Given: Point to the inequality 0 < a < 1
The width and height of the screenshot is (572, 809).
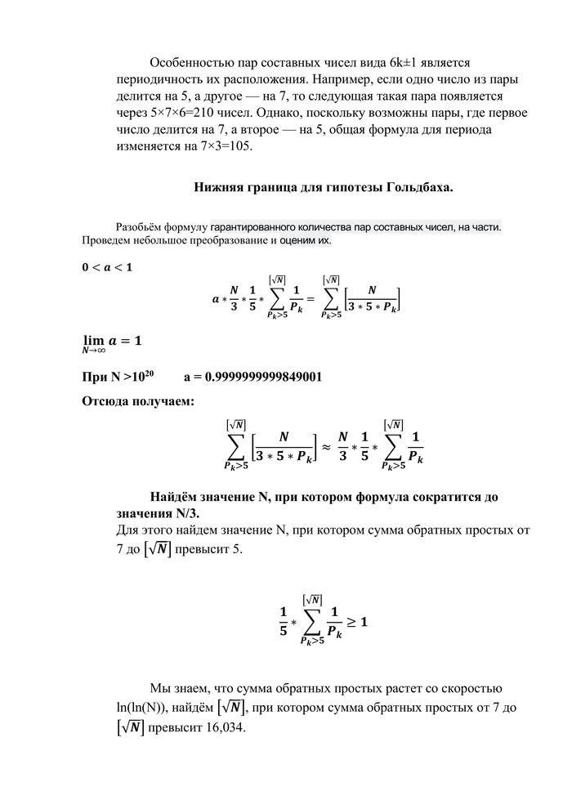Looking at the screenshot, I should pyautogui.click(x=106, y=267).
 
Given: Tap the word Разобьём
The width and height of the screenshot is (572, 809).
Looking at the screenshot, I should pyautogui.click(x=141, y=226).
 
